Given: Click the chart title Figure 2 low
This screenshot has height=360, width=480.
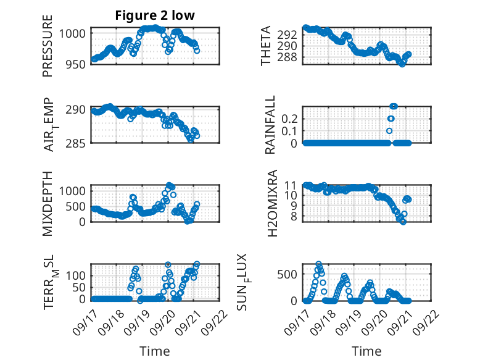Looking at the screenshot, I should click(x=155, y=15).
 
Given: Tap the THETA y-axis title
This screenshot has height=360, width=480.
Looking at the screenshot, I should click(x=266, y=46).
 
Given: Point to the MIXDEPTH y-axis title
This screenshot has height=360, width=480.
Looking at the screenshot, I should click(x=48, y=203).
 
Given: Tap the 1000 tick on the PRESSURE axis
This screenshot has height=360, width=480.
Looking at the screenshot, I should click(x=76, y=34).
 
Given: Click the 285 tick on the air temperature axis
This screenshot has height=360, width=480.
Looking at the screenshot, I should click(x=79, y=143).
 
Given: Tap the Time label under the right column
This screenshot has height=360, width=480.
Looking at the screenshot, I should click(x=366, y=351).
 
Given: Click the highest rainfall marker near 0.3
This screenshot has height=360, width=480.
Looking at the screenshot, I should click(x=394, y=106).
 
